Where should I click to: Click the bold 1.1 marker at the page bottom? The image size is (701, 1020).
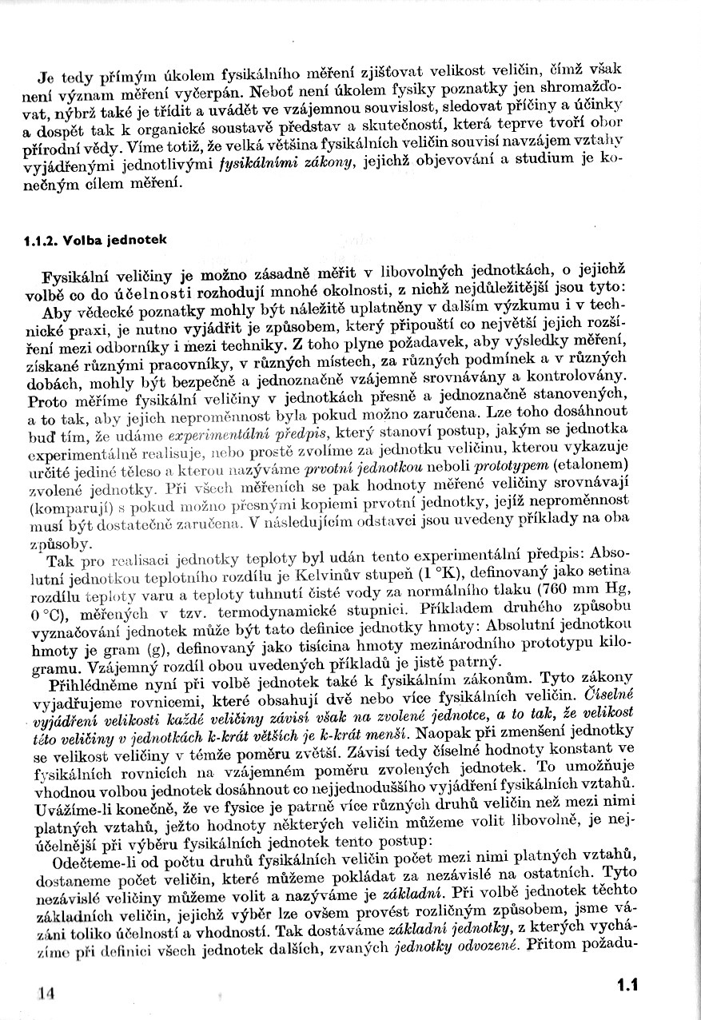(627, 985)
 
